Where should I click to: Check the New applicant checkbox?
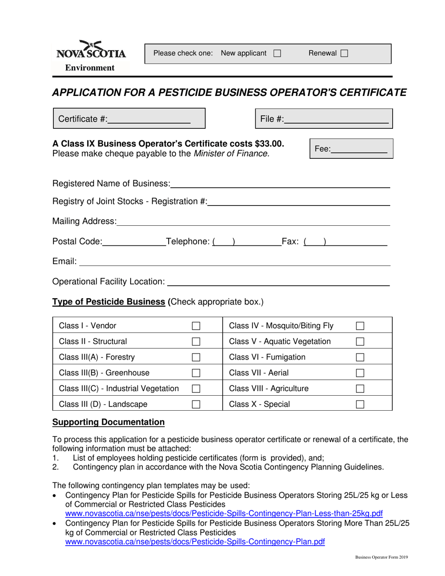click(277, 53)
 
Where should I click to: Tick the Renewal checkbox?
click(344, 53)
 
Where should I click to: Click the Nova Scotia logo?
click(91, 50)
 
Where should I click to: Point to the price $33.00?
click(268, 143)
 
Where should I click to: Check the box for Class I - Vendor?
click(196, 325)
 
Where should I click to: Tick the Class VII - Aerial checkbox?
click(360, 373)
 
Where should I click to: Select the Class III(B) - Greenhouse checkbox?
click(196, 373)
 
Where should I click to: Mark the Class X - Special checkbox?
click(360, 404)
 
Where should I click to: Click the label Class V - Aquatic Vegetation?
click(280, 341)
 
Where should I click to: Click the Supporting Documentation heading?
click(108, 422)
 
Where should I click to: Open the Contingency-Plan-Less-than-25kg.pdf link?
click(224, 513)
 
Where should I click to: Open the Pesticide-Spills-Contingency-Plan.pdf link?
click(195, 542)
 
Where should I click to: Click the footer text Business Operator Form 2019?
click(381, 557)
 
